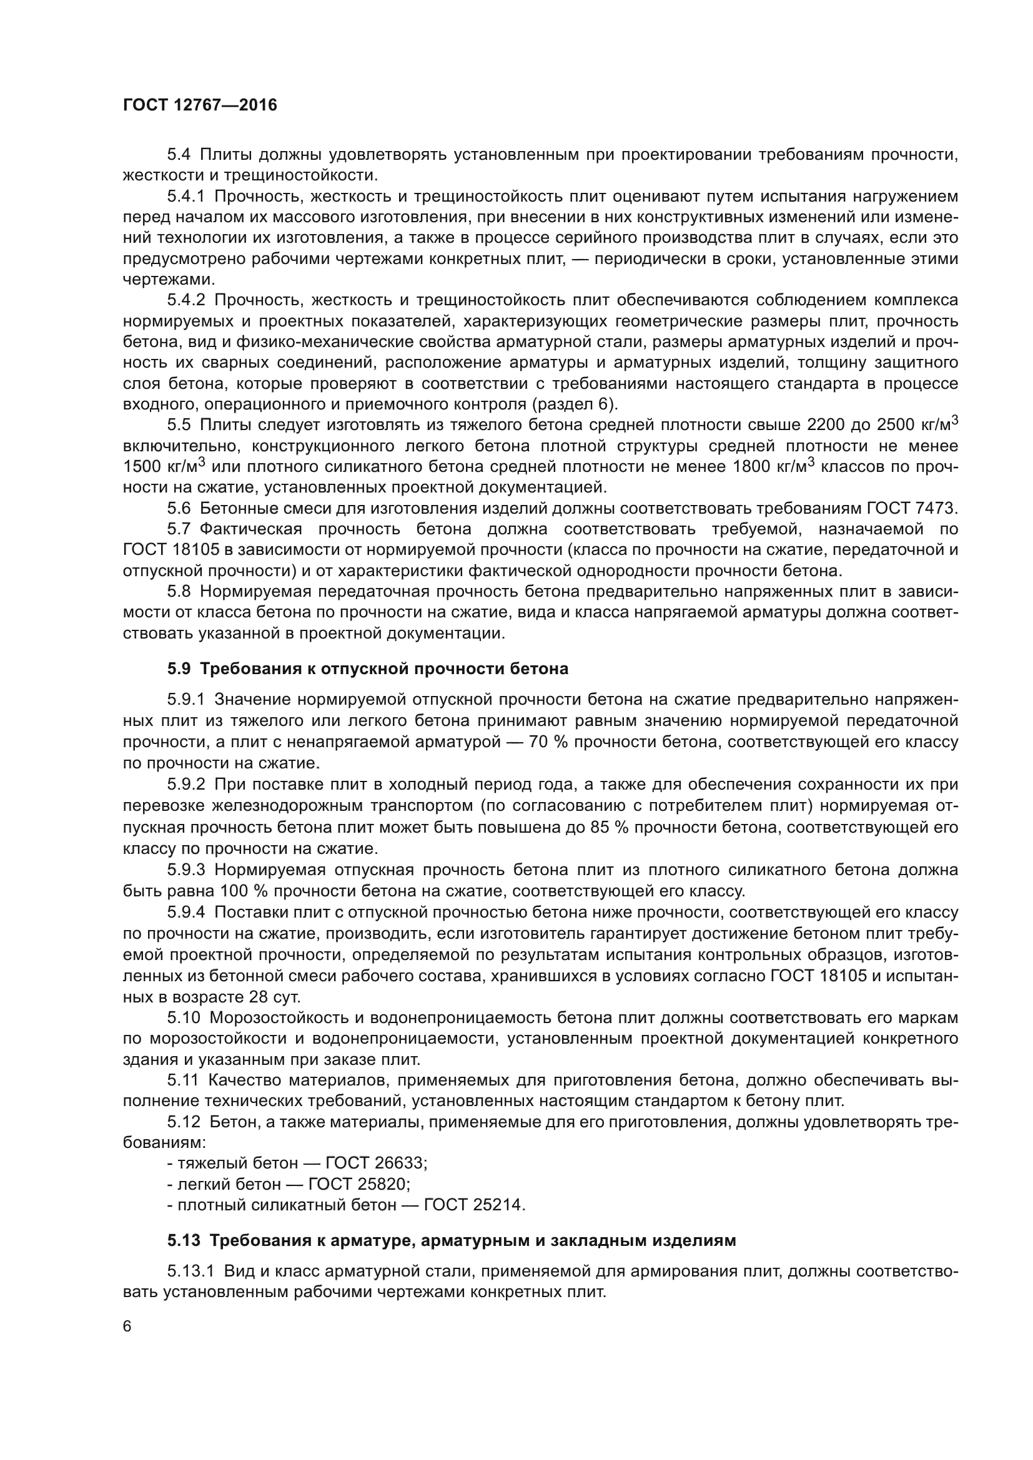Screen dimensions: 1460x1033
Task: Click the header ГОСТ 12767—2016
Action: [200, 105]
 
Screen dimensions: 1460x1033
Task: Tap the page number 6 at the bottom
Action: [127, 1326]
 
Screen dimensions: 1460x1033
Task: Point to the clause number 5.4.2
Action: [185, 300]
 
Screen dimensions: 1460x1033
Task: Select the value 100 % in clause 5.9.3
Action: [240, 891]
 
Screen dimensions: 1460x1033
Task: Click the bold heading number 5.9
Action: [179, 669]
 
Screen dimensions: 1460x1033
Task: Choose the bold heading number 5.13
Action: [184, 1241]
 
